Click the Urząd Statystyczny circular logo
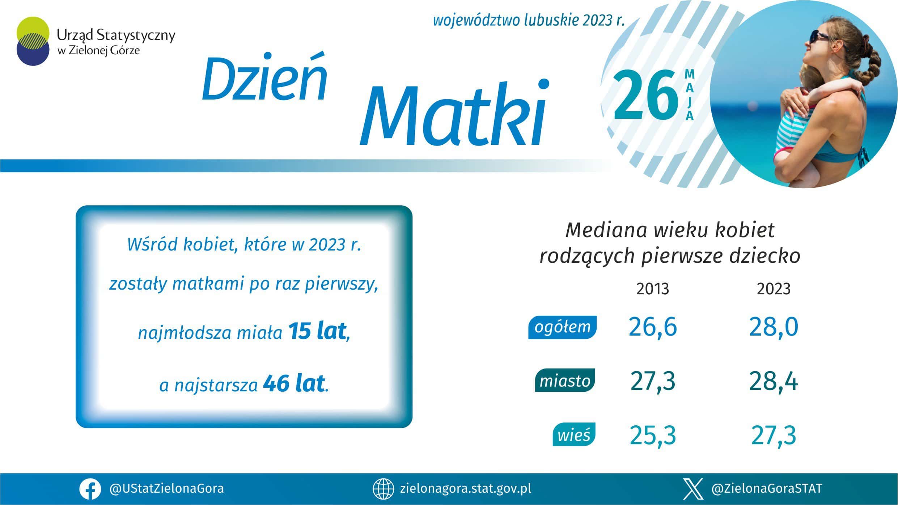click(x=33, y=41)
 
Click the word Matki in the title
click(x=454, y=112)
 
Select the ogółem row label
click(x=562, y=327)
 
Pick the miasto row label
click(x=565, y=381)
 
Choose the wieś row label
click(x=574, y=434)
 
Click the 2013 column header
click(x=652, y=289)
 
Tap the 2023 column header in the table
click(x=774, y=289)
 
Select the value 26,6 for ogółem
click(x=652, y=327)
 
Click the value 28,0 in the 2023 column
click(x=774, y=327)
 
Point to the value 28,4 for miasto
click(x=774, y=382)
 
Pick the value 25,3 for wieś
click(x=652, y=435)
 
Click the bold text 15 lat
click(x=317, y=331)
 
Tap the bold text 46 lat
click(x=293, y=384)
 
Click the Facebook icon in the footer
click(x=90, y=489)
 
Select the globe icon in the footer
click(x=383, y=489)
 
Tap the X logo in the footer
click(x=694, y=489)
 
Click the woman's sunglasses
click(x=816, y=36)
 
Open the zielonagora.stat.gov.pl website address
click(x=466, y=489)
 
